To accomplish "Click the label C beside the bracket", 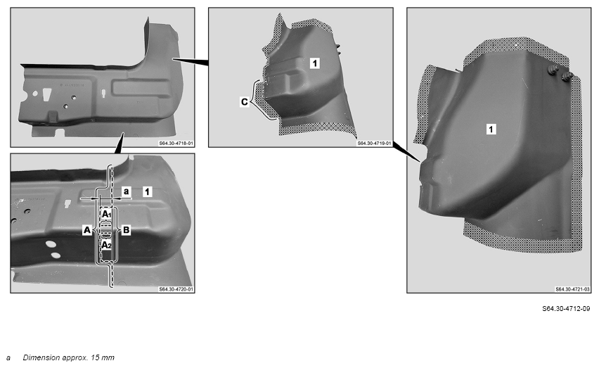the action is point(245,102).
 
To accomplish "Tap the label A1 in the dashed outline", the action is point(106,214).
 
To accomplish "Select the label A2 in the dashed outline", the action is point(106,245).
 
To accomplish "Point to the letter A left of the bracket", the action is point(87,230).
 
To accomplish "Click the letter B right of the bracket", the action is point(127,230).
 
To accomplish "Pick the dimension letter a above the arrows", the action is point(127,191).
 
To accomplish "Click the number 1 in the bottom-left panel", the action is point(148,191).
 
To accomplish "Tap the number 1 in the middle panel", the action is point(315,63).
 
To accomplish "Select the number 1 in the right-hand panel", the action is point(491,129).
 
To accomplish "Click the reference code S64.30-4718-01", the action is point(176,144).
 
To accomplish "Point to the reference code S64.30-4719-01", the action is point(374,144).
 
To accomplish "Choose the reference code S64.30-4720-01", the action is point(176,289).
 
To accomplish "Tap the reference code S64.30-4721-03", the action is point(573,289).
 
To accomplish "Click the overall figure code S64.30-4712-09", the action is point(566,308).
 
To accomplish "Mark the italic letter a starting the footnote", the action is point(8,358).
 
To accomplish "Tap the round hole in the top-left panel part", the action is point(35,94).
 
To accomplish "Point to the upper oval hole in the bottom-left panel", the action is point(50,243).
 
